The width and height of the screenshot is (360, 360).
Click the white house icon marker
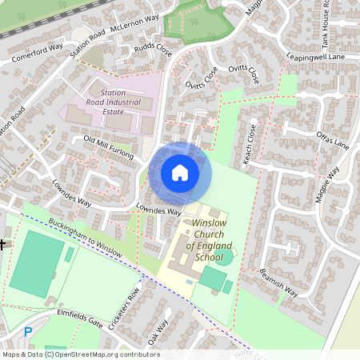(180, 173)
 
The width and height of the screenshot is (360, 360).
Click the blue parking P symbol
(28, 332)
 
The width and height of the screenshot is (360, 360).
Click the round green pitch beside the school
(223, 258)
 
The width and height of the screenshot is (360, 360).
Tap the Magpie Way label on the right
(327, 186)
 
